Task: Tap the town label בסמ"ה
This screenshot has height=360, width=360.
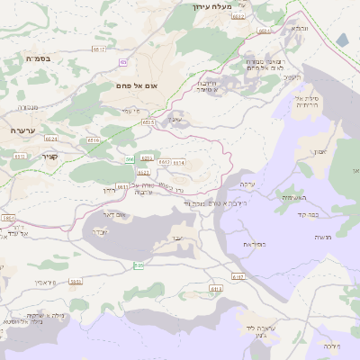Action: click(x=38, y=58)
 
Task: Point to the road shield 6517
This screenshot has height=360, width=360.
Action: click(x=99, y=49)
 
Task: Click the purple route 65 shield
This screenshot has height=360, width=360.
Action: click(x=121, y=62)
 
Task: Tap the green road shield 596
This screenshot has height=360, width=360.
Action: click(x=130, y=158)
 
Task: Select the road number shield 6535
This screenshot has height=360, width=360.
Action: click(x=148, y=121)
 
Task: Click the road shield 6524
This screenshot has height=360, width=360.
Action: click(x=50, y=139)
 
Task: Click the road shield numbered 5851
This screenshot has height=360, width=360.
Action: click(x=76, y=282)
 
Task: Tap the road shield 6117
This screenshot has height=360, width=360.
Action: click(x=238, y=277)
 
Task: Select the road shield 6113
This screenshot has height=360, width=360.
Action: click(x=215, y=288)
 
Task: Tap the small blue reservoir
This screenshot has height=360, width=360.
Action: click(x=342, y=40)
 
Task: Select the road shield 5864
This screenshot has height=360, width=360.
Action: click(x=9, y=218)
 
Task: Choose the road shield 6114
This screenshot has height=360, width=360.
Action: click(x=178, y=163)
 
